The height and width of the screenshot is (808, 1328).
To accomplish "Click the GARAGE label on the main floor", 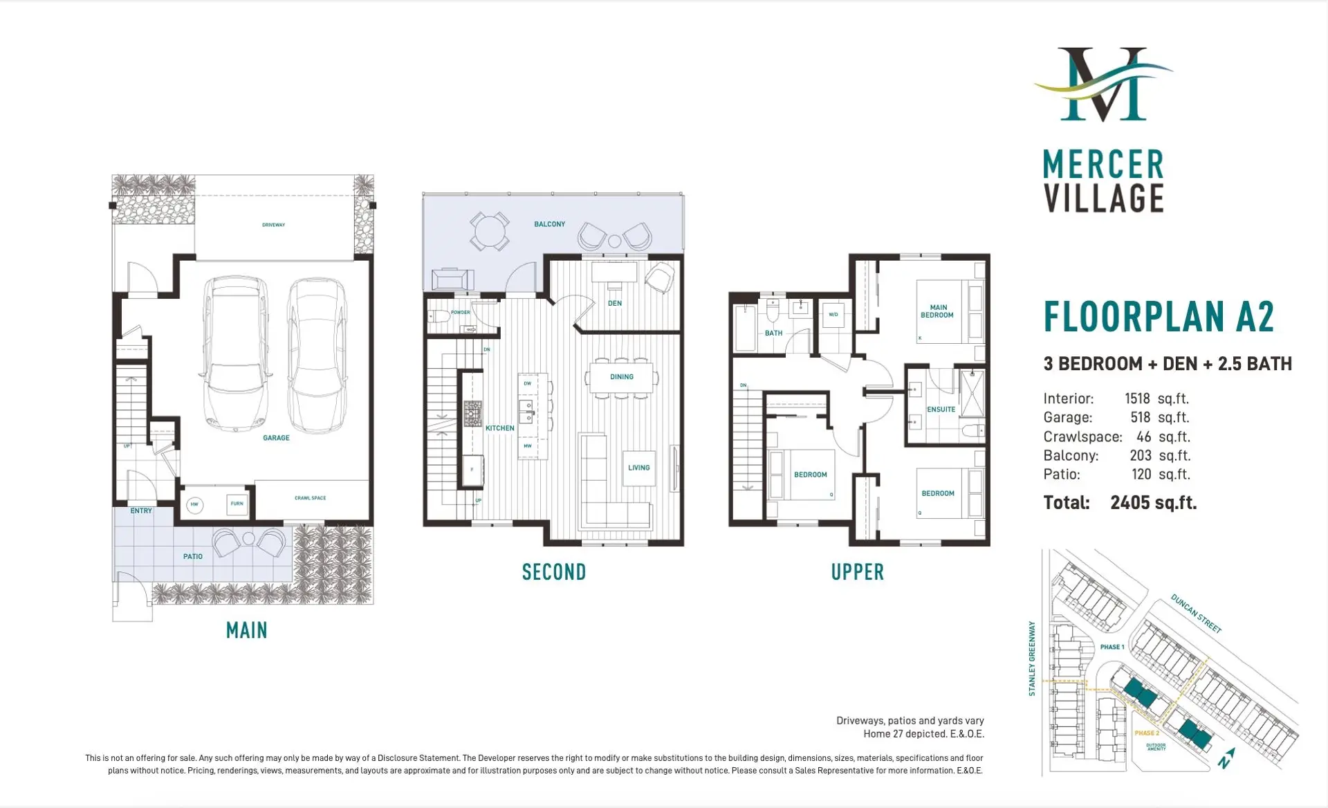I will click(276, 438).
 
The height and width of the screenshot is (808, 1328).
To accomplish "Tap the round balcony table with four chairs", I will click(490, 231).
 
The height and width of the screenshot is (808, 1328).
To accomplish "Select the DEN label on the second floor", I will click(614, 303).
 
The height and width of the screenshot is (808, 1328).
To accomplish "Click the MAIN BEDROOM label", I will click(937, 311).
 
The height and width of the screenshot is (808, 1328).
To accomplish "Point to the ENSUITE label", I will click(941, 410).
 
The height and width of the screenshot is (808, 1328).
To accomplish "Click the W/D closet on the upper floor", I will click(833, 315).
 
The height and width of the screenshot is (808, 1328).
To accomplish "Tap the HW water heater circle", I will click(194, 504).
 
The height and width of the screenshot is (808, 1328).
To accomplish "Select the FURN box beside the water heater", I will click(237, 504).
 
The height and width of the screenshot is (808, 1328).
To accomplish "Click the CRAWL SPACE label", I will click(310, 498).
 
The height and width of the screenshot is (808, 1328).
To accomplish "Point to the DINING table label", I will click(621, 377).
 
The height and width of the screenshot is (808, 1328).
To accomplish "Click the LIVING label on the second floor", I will click(638, 468).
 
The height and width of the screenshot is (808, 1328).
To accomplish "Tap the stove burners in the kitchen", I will click(472, 413).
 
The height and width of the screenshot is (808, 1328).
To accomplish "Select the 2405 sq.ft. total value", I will click(1153, 503).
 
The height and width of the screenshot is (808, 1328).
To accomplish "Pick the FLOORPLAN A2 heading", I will click(1159, 318).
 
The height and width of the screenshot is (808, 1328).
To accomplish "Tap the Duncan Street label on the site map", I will click(1196, 613).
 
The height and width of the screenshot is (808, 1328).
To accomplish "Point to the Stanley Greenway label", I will click(1032, 658).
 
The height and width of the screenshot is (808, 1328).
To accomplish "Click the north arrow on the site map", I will click(1227, 758).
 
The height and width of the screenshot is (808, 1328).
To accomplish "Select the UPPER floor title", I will click(857, 572).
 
